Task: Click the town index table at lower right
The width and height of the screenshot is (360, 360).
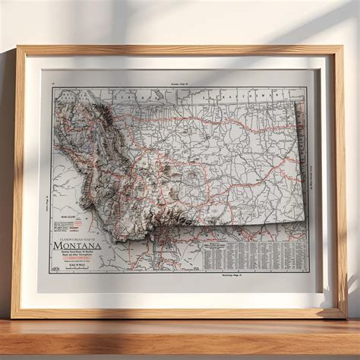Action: [254, 255]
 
